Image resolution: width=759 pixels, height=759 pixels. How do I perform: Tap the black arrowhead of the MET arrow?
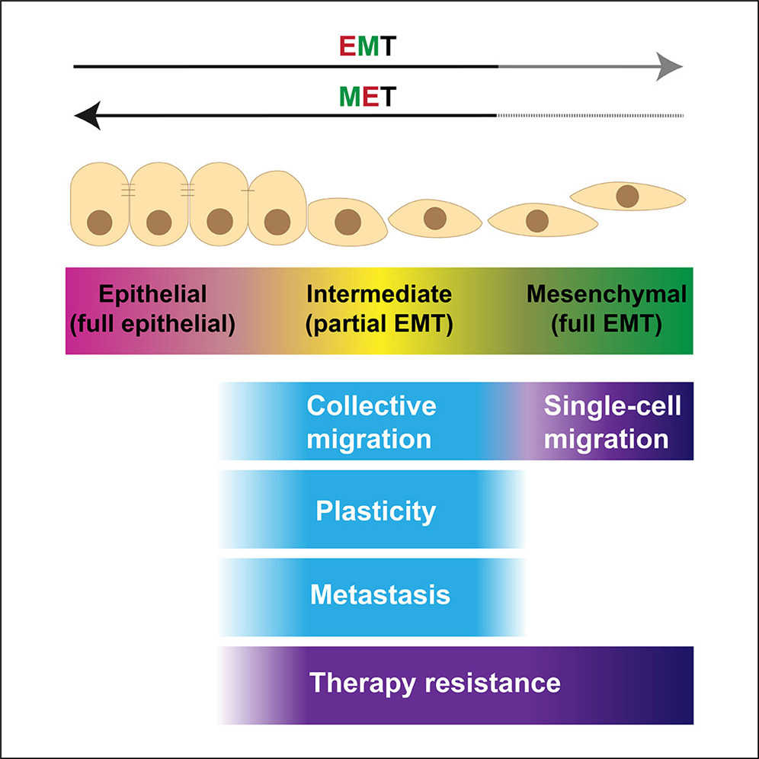coord(88,116)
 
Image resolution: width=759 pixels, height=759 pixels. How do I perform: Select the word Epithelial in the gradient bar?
coord(152,294)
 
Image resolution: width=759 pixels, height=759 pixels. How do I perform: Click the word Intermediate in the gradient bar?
coord(379,294)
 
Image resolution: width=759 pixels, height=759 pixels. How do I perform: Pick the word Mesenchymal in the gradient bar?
coord(607,294)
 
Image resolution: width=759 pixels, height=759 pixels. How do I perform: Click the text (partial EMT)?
coord(379,324)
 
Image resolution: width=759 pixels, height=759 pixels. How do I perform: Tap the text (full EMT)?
coord(607,324)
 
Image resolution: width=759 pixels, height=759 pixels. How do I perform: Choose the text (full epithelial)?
coord(152,324)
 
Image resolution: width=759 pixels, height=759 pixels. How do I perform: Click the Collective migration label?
coord(371,421)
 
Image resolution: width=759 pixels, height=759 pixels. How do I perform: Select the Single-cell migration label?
coord(612,421)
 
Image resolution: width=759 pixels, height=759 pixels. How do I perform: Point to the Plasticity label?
coord(376,511)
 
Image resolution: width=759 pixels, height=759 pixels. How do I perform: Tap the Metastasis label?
coord(380,594)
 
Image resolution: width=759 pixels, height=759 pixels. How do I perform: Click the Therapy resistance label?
coord(434,683)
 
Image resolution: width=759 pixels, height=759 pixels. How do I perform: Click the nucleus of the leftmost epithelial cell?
coord(100,223)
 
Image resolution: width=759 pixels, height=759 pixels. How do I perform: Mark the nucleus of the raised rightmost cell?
coord(627,196)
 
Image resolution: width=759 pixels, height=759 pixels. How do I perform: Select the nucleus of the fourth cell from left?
coord(277,222)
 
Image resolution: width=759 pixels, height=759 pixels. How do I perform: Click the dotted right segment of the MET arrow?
coord(591,116)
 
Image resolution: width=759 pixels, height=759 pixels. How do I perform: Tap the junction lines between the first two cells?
coord(128,191)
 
